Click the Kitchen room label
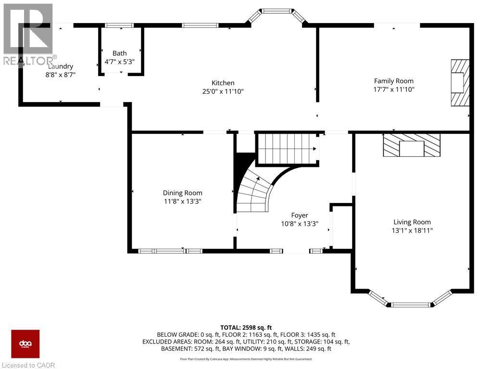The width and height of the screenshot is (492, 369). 223,83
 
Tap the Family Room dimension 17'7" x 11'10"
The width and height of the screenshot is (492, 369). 393,89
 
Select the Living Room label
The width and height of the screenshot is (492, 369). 412,222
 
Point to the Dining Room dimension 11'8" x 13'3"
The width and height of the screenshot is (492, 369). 182,202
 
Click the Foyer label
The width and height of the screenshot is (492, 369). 299,216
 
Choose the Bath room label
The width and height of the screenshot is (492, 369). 119,53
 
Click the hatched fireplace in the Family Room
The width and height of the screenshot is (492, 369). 459,82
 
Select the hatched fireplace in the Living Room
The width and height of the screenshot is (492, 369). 411,145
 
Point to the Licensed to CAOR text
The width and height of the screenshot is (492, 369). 28,365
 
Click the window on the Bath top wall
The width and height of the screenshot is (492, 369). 119,25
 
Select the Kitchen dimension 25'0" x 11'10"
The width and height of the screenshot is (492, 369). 223,91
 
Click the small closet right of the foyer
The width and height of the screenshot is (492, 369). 342,227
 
